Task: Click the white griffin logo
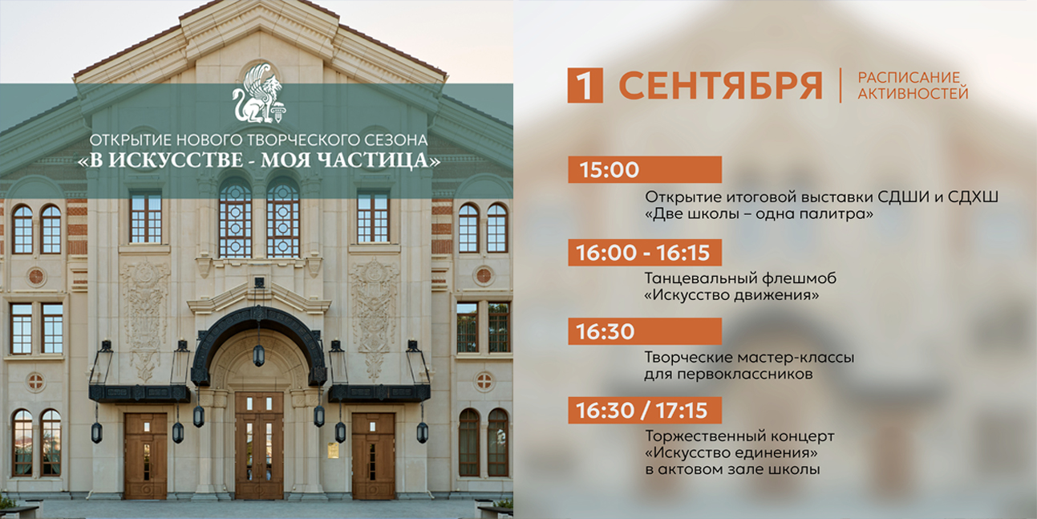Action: (259, 94)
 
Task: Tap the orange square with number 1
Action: (585, 85)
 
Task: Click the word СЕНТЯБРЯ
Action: (720, 86)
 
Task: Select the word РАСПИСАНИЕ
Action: (909, 77)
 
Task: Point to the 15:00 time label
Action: (610, 169)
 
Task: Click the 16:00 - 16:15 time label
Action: (642, 253)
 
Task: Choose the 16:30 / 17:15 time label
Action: (642, 410)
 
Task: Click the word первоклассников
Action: (745, 375)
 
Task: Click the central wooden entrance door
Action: (259, 445)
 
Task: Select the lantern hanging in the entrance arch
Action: (259, 355)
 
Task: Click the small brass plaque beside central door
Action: (333, 451)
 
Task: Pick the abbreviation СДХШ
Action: (973, 197)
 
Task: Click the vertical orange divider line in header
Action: (841, 85)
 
